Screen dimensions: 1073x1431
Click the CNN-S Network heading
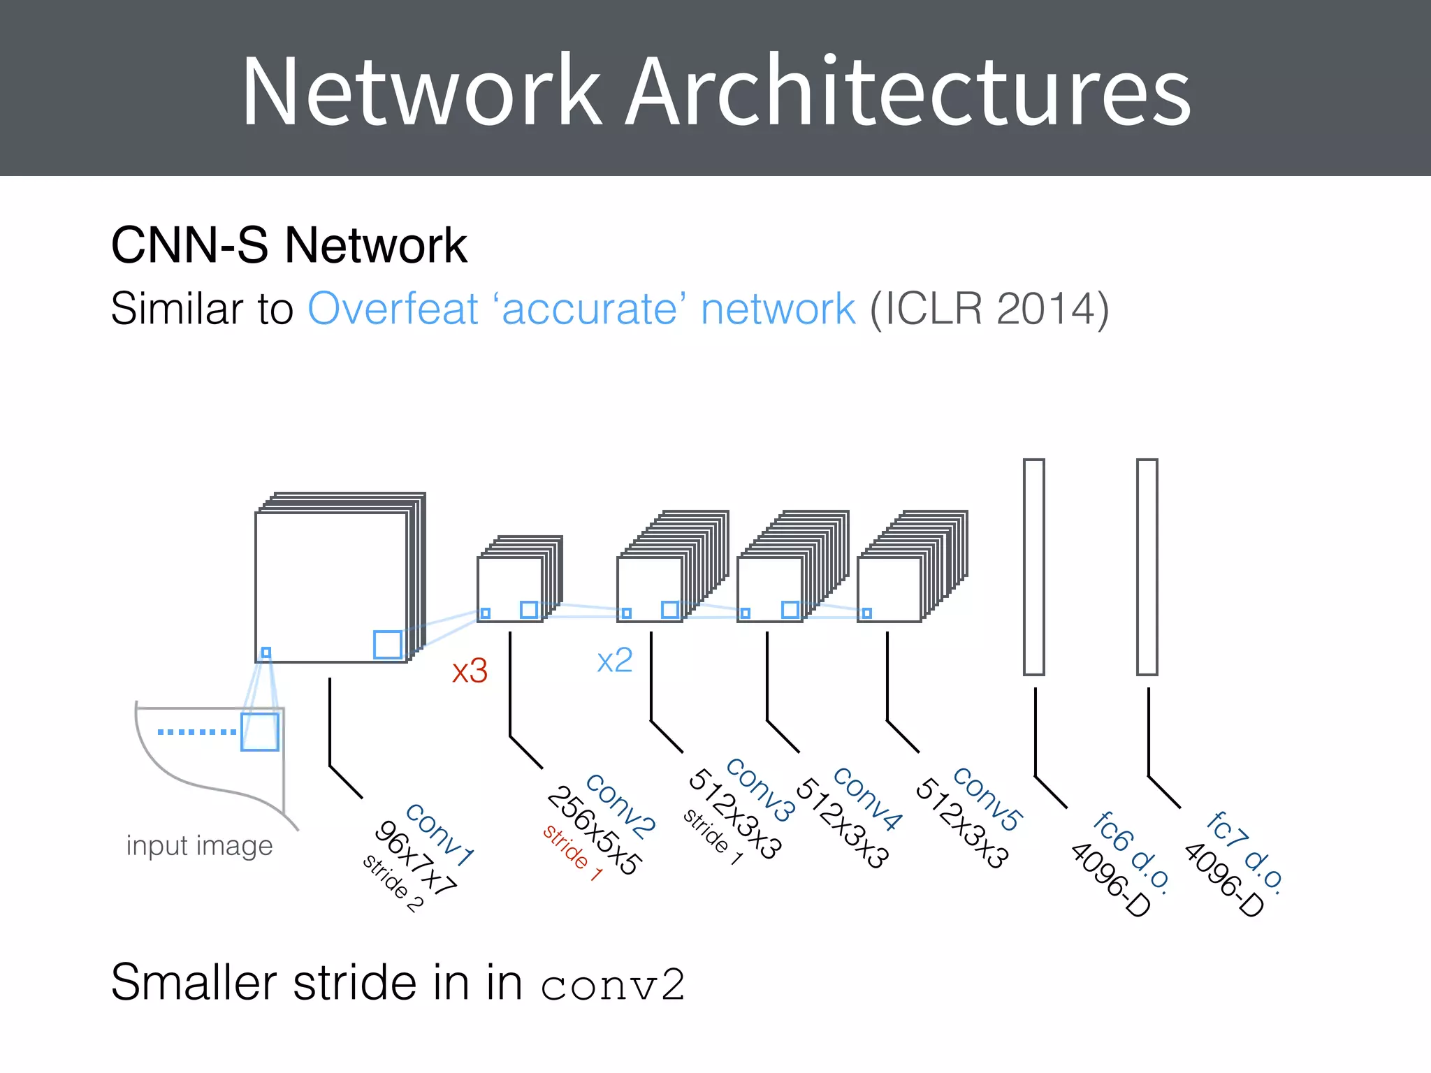point(289,246)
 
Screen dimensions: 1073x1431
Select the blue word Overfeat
point(393,309)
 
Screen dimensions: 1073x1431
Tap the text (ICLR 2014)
point(989,309)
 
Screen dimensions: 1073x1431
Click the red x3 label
point(470,671)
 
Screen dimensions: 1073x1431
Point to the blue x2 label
point(615,661)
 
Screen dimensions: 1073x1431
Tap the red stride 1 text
point(572,853)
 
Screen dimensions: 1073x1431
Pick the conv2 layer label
point(620,805)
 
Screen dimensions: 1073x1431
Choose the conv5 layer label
point(987,798)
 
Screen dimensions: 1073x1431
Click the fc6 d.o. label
point(1131,851)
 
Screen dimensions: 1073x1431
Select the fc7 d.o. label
point(1244,851)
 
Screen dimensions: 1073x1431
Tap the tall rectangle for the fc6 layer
point(1034,567)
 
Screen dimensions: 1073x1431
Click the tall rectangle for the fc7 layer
point(1147,567)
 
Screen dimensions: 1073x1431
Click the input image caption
point(199,846)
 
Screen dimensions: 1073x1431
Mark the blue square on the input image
point(260,731)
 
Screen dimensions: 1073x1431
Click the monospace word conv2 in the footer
point(612,985)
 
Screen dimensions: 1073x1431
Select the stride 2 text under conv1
point(393,883)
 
